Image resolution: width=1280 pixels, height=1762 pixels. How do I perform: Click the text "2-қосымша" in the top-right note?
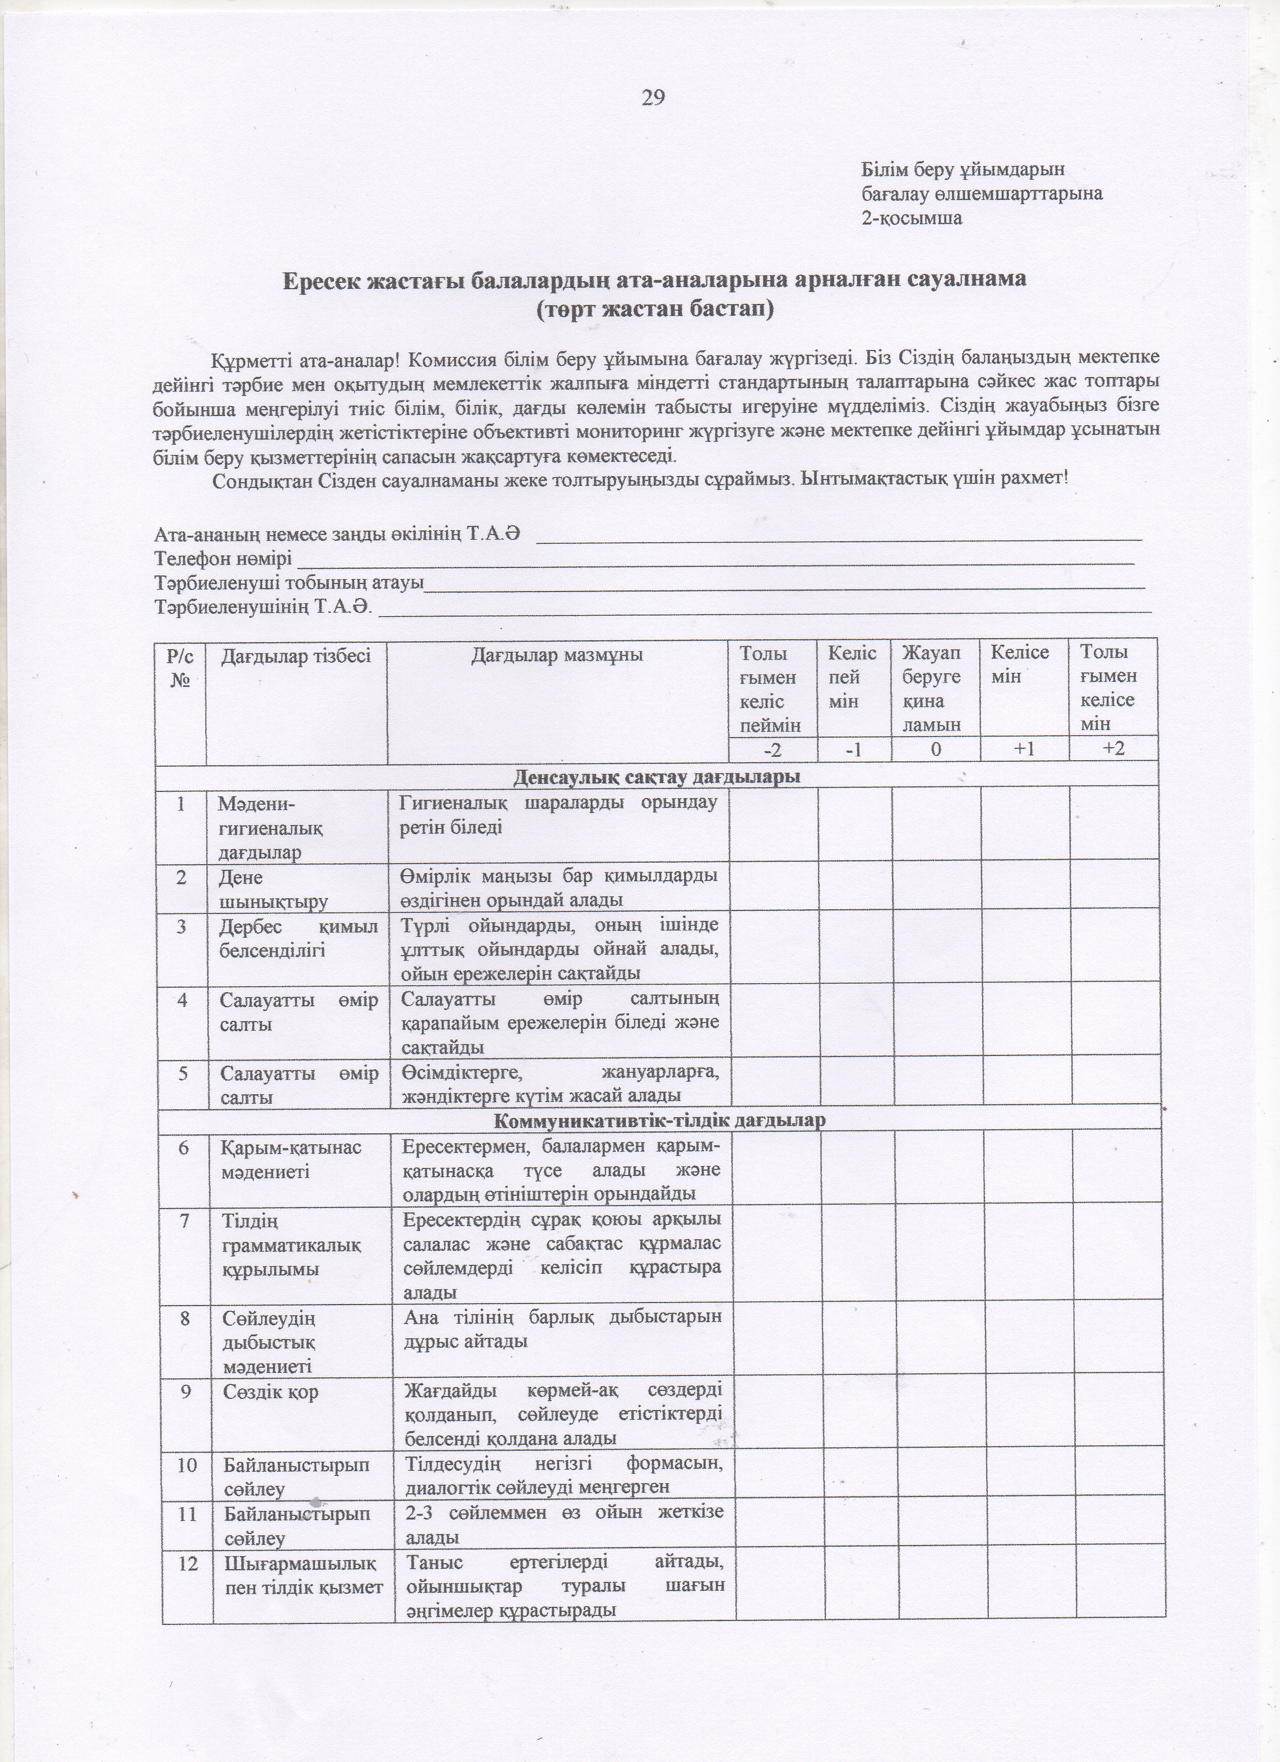(x=911, y=218)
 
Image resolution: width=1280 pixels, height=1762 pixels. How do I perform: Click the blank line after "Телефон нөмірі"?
(x=715, y=560)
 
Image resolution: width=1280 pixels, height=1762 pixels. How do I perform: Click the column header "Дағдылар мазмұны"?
(x=557, y=655)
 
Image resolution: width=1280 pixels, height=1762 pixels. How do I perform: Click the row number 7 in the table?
(x=184, y=1221)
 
